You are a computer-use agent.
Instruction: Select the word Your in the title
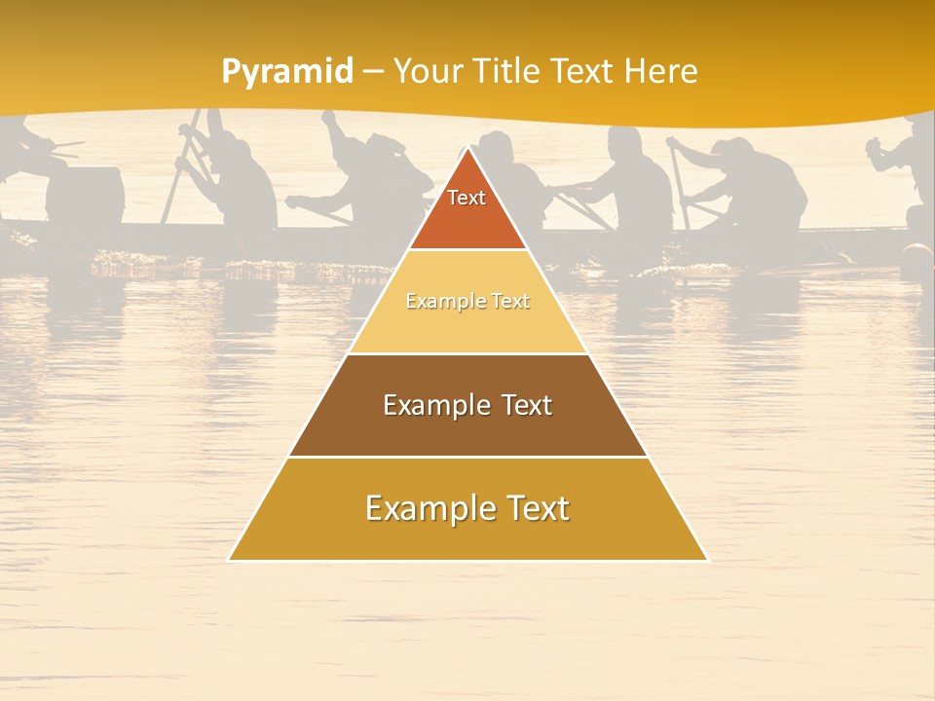429,71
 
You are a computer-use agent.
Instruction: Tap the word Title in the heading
509,71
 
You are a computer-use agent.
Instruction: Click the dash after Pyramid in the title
371,72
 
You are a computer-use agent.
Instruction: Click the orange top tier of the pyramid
467,219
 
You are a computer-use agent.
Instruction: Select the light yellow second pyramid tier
467,326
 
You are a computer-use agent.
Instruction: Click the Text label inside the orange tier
467,198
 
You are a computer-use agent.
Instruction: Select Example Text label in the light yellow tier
467,302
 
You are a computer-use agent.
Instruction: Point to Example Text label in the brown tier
467,405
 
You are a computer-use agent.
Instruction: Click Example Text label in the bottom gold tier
467,508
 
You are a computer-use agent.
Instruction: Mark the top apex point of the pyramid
468,148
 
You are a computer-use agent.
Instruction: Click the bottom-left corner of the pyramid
230,560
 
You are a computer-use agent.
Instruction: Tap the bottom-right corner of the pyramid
706,560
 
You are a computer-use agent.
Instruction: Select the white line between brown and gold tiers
467,457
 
